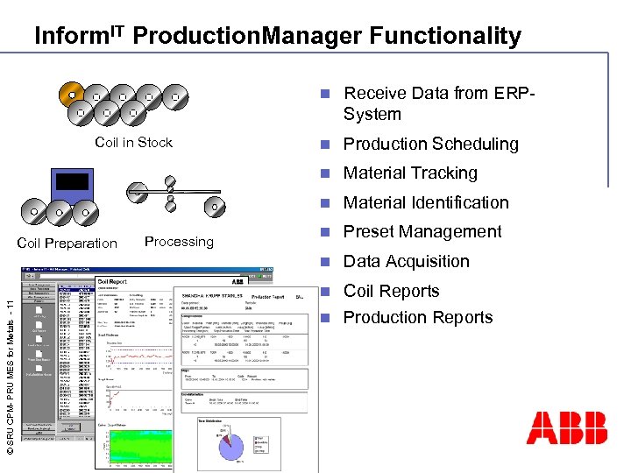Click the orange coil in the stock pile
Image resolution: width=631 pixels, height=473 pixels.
(71, 95)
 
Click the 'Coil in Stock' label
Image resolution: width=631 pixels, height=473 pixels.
(133, 142)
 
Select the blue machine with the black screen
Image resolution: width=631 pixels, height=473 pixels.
(71, 184)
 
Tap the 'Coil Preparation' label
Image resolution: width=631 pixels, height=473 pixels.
(67, 244)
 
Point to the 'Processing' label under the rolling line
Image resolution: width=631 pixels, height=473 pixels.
(179, 242)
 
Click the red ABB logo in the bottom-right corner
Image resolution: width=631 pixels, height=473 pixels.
(566, 427)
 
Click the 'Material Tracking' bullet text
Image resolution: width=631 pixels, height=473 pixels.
(410, 173)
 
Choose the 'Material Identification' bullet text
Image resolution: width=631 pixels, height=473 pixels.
(426, 202)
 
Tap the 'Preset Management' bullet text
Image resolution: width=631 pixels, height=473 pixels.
(422, 232)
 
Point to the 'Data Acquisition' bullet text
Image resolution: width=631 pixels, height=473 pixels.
(407, 261)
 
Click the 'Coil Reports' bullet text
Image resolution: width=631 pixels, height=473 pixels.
(390, 291)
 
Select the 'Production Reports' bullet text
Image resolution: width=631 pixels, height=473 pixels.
(418, 317)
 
